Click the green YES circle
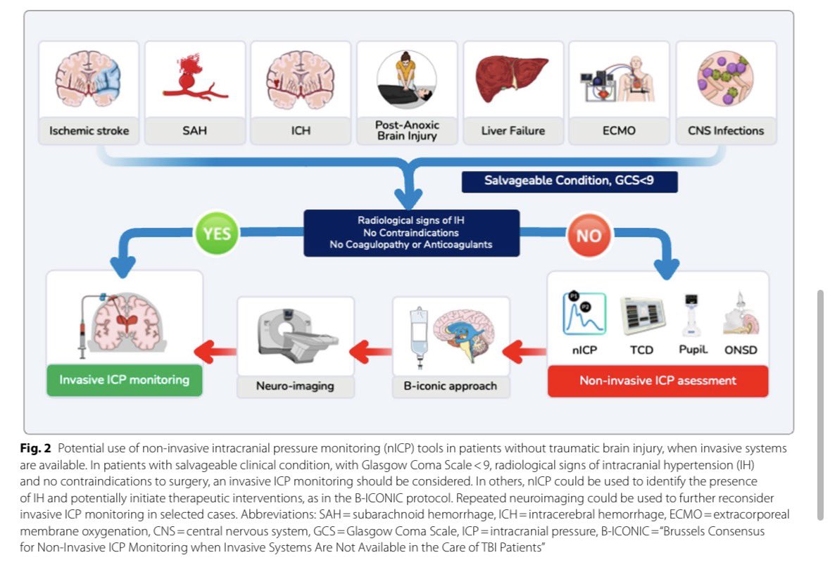coord(217,234)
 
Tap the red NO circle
coord(589,235)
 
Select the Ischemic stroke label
coord(89,131)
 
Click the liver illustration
coord(511,78)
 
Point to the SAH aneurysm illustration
coord(194,77)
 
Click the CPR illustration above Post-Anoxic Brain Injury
coord(406,79)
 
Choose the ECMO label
coord(619,131)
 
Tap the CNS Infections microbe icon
coord(725,78)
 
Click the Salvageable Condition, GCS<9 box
coord(570,181)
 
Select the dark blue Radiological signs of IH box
coord(411,233)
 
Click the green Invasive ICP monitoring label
coord(125,380)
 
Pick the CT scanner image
coord(295,336)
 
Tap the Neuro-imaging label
coord(295,386)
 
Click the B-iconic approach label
coord(451,386)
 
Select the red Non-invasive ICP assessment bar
coord(658,381)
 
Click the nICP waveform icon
coord(584,314)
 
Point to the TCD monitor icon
coord(642,316)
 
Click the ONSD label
coord(741,350)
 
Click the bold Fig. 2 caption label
coord(35,449)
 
